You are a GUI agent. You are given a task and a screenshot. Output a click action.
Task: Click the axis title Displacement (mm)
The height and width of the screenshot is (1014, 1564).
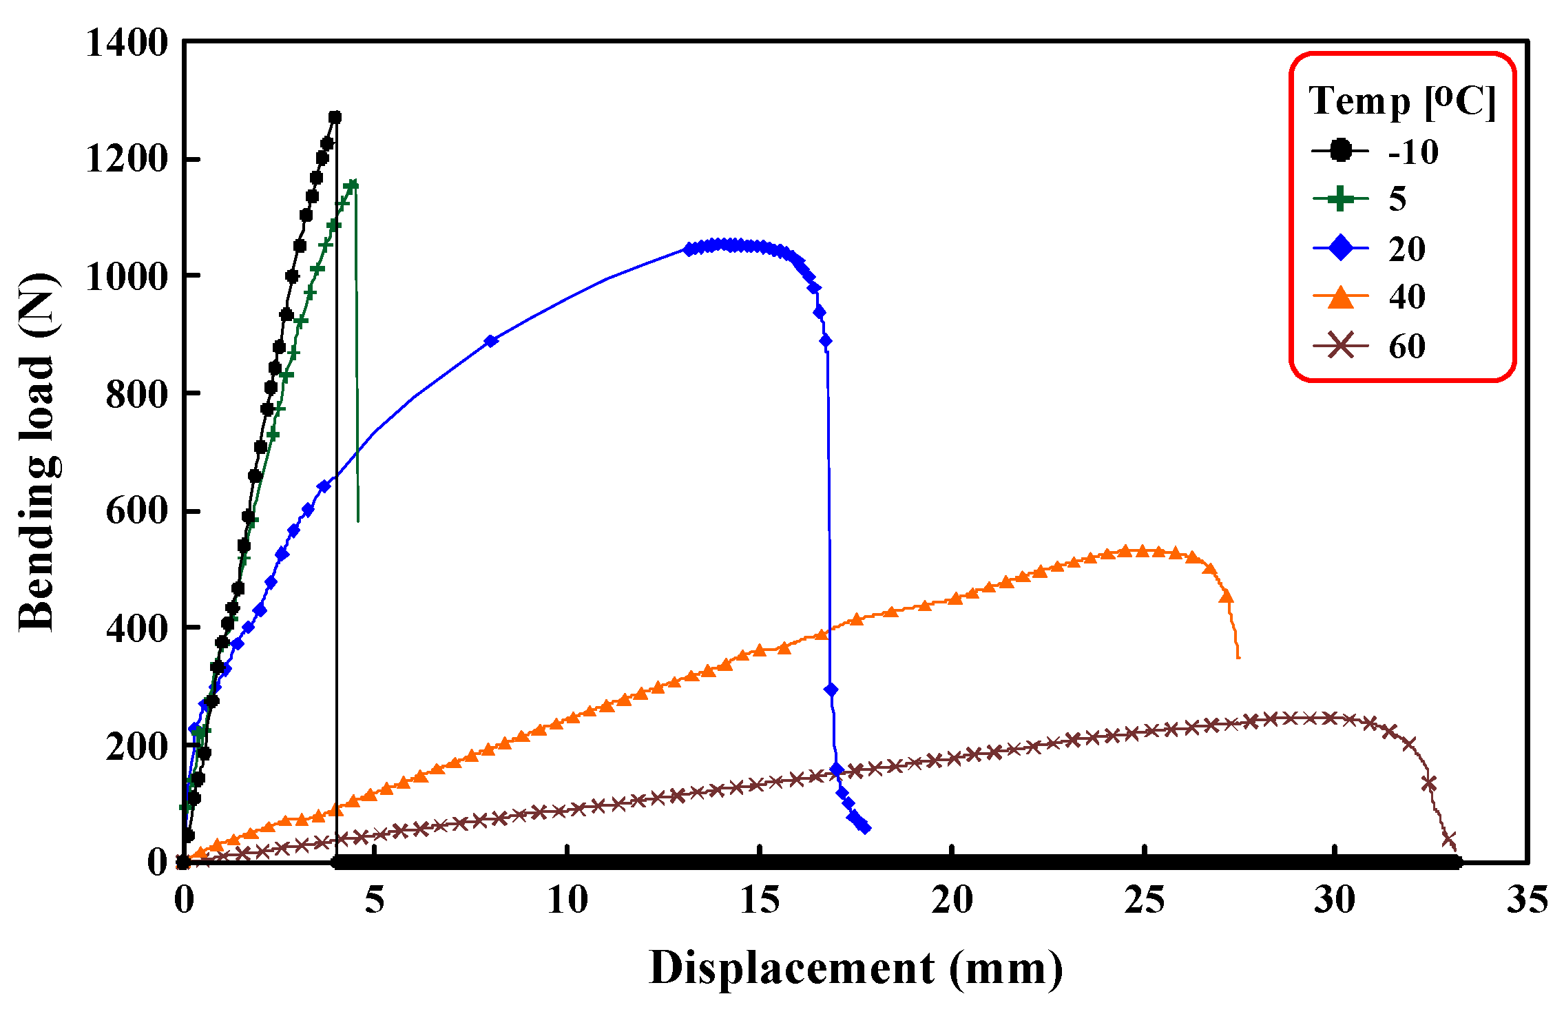855,969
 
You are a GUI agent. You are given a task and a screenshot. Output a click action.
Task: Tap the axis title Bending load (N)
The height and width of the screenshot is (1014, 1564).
38,451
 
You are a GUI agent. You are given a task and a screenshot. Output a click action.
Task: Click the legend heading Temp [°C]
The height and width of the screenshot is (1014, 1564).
1402,102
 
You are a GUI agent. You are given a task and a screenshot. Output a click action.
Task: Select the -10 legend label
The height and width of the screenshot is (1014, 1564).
1413,152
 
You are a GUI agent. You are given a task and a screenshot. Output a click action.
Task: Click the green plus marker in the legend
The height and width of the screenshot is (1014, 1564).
1340,199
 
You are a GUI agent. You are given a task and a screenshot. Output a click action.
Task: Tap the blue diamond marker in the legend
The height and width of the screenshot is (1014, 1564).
1340,248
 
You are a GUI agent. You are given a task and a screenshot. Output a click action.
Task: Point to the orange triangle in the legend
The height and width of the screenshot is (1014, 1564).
1340,298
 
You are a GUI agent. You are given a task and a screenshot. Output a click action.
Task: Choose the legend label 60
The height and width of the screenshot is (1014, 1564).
1407,346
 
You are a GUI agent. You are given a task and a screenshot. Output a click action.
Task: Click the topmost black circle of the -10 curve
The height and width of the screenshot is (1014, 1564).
335,118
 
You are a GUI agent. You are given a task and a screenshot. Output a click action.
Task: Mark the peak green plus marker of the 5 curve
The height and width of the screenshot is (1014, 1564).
353,185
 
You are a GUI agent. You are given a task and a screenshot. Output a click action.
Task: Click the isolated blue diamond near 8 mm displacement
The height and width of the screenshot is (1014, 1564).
491,341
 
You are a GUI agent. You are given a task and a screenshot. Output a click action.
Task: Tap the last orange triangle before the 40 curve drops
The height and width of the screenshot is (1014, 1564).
1226,597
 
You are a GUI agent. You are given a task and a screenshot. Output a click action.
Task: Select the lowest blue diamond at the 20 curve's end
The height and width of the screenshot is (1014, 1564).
865,827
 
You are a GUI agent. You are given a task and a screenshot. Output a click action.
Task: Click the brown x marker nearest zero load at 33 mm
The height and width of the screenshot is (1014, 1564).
1449,840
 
